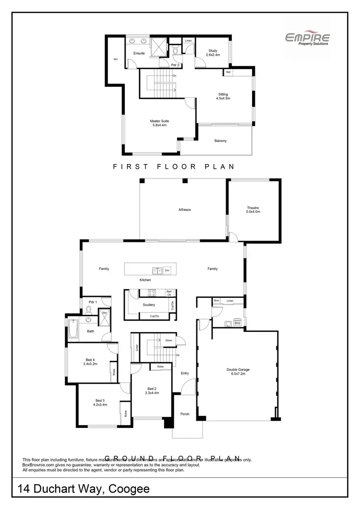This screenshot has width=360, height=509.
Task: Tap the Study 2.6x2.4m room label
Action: click(213, 53)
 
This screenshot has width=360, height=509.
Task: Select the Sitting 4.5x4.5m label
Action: click(223, 96)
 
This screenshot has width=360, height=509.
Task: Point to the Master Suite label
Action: click(158, 123)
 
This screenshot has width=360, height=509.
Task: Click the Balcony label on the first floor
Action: click(220, 141)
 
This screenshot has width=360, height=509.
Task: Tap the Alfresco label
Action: click(185, 210)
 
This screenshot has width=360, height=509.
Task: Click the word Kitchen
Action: click(145, 280)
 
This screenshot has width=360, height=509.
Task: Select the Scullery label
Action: click(149, 305)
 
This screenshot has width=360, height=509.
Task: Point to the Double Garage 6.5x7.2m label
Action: click(238, 371)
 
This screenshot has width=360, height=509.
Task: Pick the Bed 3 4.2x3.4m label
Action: click(100, 402)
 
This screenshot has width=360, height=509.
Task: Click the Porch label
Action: click(185, 414)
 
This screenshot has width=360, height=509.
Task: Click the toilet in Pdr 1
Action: click(88, 309)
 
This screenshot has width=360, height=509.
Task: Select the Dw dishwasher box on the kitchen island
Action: click(167, 270)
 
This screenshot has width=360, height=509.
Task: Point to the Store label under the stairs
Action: click(168, 341)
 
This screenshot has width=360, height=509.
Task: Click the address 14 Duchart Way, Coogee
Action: click(84, 489)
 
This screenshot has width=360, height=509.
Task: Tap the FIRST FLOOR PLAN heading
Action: click(173, 166)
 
